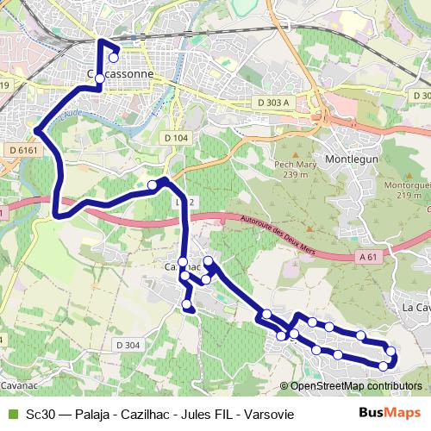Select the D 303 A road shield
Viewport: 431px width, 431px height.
click(x=272, y=102)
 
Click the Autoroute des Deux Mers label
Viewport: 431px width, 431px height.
click(x=276, y=233)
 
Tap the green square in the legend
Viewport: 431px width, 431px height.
click(x=11, y=415)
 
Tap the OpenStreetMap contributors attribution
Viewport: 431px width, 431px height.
click(x=354, y=385)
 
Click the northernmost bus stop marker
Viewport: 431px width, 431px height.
click(x=114, y=58)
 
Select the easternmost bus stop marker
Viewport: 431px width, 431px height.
click(x=391, y=351)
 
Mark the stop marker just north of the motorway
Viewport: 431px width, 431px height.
click(x=153, y=184)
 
